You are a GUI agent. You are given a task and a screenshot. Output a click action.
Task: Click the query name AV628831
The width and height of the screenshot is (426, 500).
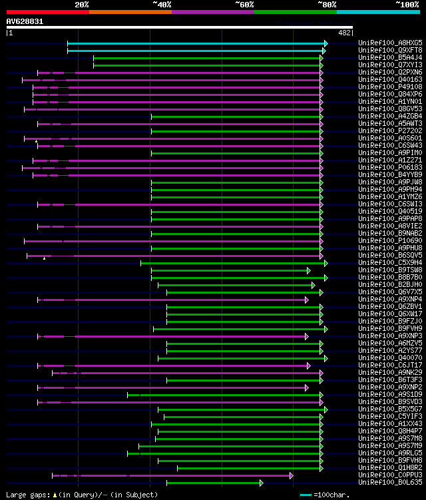pos(25,21)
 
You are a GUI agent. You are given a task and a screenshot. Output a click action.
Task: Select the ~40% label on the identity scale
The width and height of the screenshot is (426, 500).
pos(162,4)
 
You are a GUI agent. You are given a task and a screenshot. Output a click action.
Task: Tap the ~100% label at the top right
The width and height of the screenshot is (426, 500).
pos(407,4)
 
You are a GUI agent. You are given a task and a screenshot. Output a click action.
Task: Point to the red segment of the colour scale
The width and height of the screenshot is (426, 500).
pos(47,12)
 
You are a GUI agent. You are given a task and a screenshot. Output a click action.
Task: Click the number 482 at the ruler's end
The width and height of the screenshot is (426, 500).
pos(345,33)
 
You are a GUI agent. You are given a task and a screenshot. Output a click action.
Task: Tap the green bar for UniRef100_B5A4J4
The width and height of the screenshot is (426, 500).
pos(206,58)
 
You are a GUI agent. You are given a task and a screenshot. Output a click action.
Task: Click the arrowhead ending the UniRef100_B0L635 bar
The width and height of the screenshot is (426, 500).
pos(262,482)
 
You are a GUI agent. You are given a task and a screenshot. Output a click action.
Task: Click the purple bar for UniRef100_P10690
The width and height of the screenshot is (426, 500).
pos(173,241)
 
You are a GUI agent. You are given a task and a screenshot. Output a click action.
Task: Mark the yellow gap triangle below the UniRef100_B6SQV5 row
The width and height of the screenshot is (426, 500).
pos(44,258)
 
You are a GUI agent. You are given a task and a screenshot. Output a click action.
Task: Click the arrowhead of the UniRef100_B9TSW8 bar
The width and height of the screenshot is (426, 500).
pos(309,270)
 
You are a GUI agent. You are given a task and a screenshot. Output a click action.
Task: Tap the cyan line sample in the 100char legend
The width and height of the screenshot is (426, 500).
pos(306,495)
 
